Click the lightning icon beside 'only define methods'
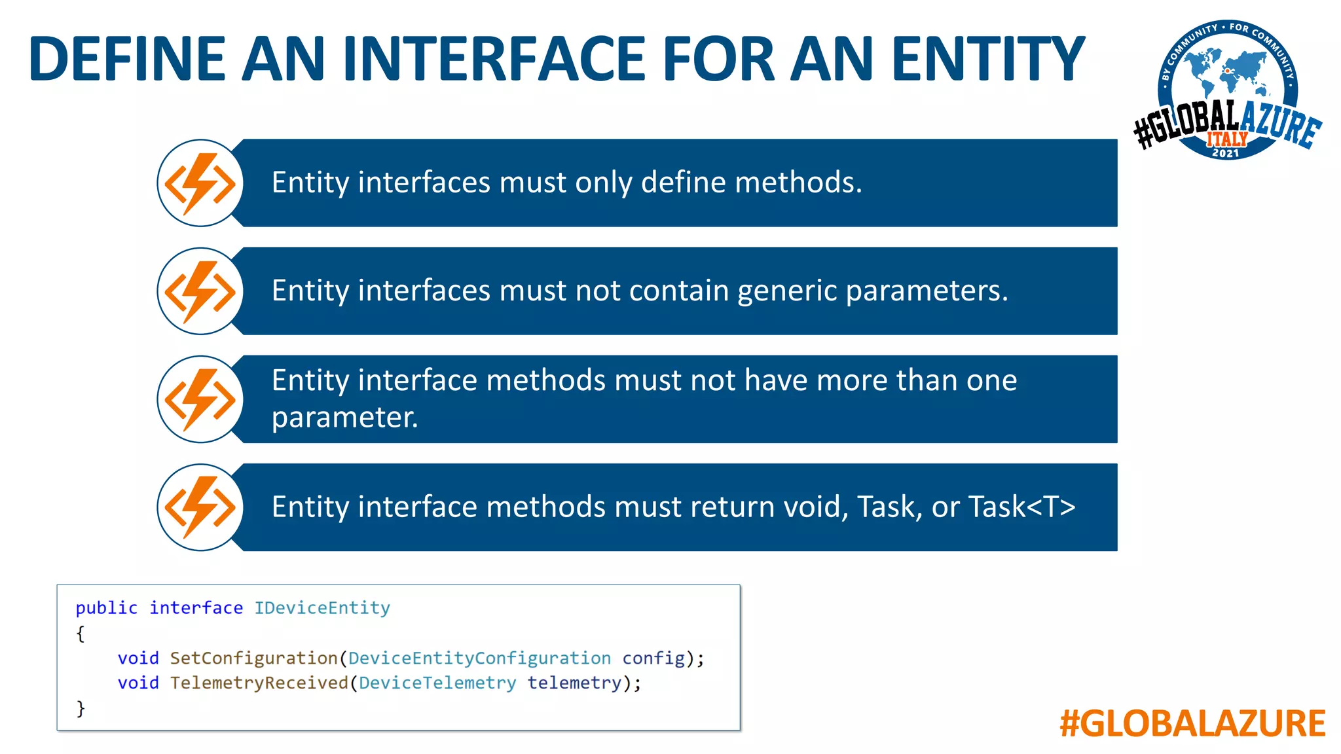(x=200, y=183)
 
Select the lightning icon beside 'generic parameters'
(x=200, y=291)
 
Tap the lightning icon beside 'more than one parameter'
(x=200, y=399)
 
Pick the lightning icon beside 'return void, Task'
(x=200, y=507)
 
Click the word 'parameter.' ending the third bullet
(x=344, y=418)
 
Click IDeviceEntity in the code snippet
(x=322, y=608)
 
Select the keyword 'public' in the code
(x=106, y=608)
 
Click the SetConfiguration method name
(x=253, y=658)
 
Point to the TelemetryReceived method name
(x=259, y=683)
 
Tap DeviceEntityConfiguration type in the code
(x=479, y=658)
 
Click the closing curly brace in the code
(x=81, y=708)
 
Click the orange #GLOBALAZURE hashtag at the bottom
(x=1192, y=724)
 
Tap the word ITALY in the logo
(x=1227, y=139)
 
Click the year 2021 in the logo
(x=1226, y=153)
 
